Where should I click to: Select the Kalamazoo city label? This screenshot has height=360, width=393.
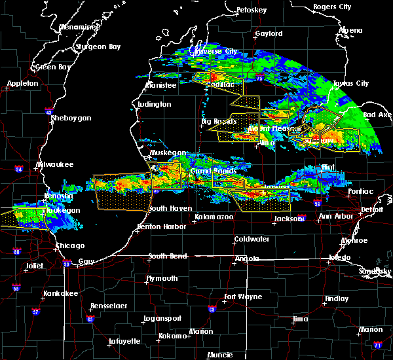[213, 217]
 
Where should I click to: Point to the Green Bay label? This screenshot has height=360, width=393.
[53, 67]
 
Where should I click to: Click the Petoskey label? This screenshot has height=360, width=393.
[252, 10]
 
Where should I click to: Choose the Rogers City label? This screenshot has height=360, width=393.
[332, 7]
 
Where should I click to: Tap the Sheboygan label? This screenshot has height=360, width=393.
[71, 118]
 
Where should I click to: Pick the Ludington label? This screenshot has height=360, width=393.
[155, 104]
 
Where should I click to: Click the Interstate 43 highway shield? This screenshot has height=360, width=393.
[49, 112]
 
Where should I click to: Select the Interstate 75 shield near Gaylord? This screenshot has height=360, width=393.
[261, 78]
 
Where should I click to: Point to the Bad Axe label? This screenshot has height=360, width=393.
[378, 115]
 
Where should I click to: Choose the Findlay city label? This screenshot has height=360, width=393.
[336, 298]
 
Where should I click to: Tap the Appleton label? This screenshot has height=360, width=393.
[23, 84]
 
